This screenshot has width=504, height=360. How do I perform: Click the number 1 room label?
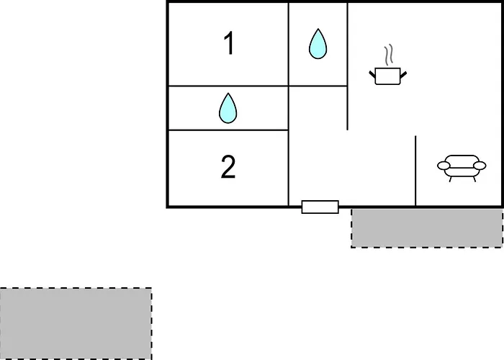click(229, 43)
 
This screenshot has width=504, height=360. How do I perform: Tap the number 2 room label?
click(228, 166)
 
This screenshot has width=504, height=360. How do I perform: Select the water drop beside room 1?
click(318, 44)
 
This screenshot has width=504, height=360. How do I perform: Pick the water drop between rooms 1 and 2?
click(228, 108)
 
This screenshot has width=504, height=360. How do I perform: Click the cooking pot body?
click(387, 76)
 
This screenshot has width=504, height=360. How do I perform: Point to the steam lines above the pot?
click(389, 54)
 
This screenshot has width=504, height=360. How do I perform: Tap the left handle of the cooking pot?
click(372, 74)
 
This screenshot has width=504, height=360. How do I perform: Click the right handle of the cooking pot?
click(403, 75)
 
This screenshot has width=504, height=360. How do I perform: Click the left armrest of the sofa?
click(444, 166)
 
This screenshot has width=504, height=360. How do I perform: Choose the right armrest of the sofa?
click(480, 166)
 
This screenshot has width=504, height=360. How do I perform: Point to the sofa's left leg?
click(451, 179)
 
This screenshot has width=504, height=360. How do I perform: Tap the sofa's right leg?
click(474, 179)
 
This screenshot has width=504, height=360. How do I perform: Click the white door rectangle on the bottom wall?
click(320, 207)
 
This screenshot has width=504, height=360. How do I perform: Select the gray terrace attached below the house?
click(427, 228)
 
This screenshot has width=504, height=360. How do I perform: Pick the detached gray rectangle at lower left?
click(76, 324)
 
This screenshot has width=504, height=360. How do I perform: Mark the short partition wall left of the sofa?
click(415, 171)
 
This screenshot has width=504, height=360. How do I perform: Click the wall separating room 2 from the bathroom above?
click(228, 130)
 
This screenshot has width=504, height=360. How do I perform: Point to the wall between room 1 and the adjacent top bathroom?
click(289, 45)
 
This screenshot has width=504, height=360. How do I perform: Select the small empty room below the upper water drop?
click(318, 108)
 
